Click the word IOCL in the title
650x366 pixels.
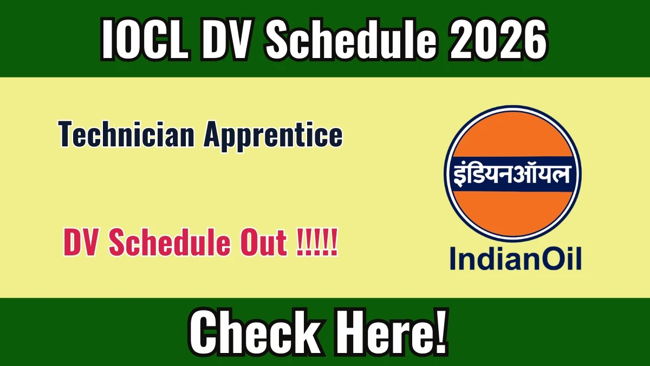(146, 39)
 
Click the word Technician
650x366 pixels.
(126, 134)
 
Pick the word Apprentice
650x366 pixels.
(273, 136)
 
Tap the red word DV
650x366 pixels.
(80, 242)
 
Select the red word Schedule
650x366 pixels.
(170, 242)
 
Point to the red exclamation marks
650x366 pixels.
(317, 242)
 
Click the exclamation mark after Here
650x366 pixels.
(439, 332)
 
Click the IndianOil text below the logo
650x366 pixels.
(516, 259)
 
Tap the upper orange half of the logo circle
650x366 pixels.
(512, 133)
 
